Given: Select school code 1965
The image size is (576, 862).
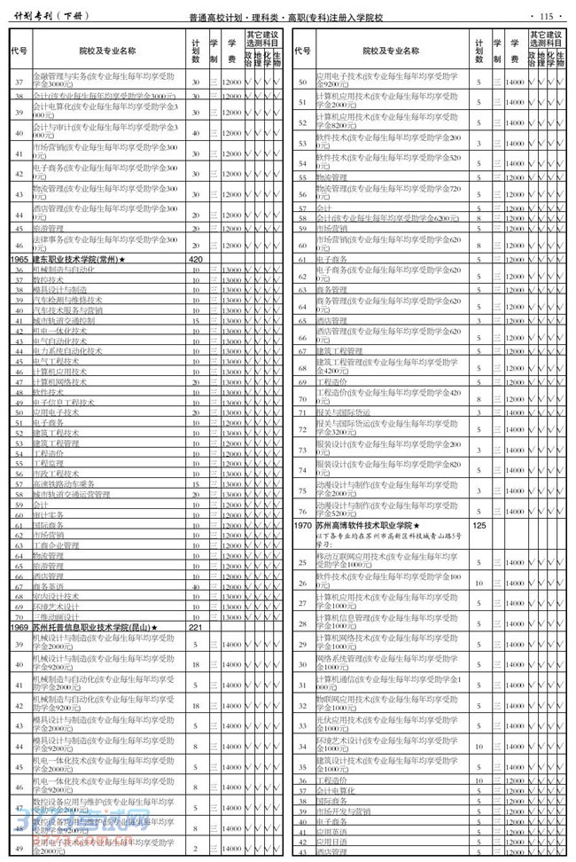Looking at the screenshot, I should click(x=19, y=258).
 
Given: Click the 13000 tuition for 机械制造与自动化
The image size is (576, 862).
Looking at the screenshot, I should click(x=231, y=269).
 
